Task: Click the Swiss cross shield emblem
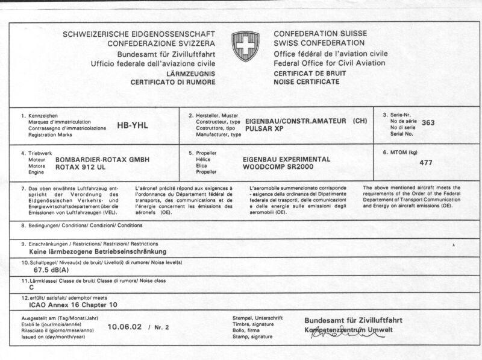point(245,46)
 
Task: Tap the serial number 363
point(428,122)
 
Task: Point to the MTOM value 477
point(426,162)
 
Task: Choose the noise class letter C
point(31,288)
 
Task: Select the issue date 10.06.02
point(125,327)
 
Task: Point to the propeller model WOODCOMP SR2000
point(281,166)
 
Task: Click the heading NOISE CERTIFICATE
point(306,81)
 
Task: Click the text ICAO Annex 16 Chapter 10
point(73,305)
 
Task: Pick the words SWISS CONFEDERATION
point(319,43)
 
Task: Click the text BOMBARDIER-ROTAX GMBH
point(102,159)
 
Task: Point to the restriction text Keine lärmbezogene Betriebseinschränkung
point(98,251)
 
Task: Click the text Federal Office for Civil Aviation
point(330,63)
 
